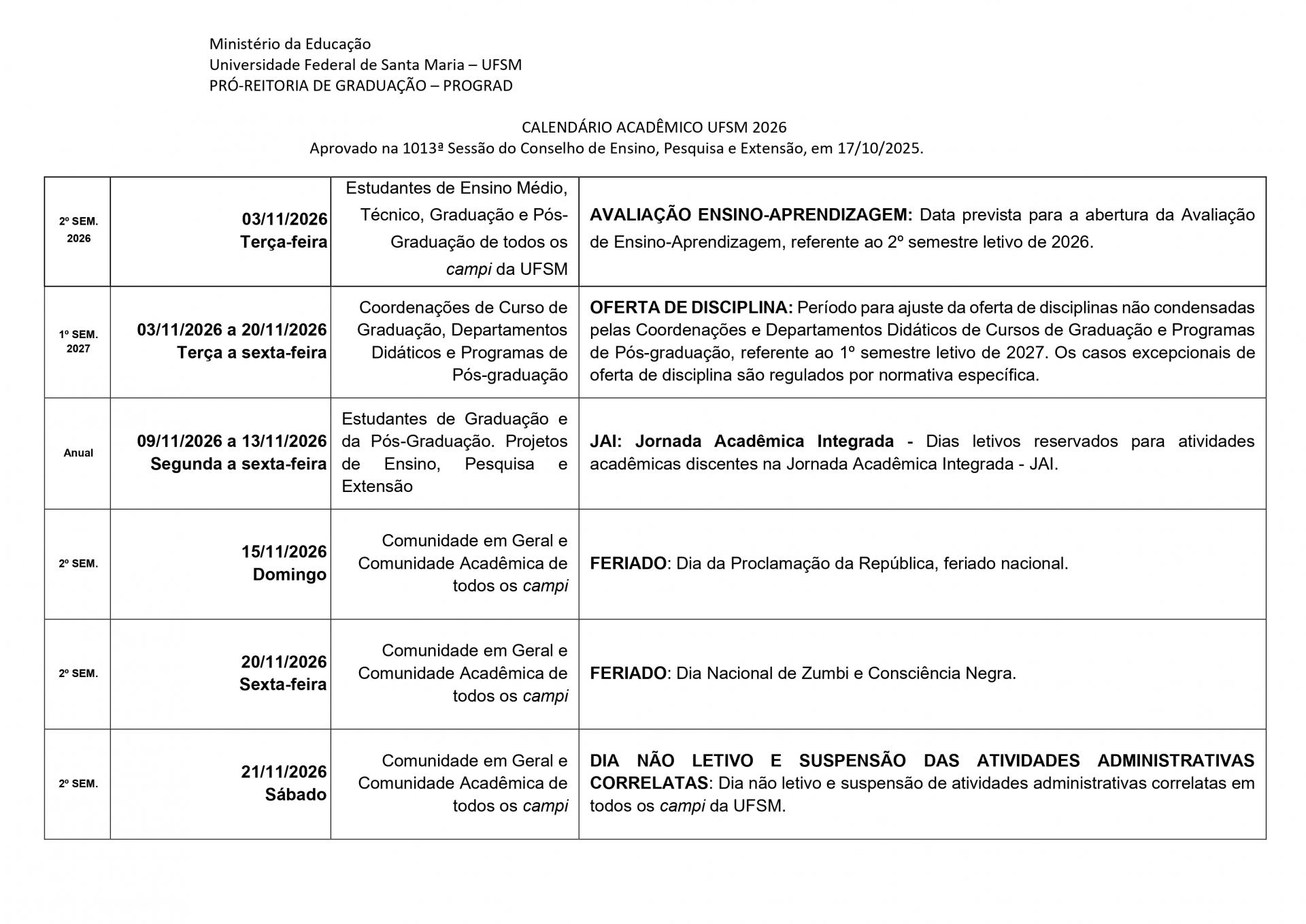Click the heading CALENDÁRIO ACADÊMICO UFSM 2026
tap(654, 127)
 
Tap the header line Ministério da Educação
tap(290, 44)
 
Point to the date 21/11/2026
tap(284, 772)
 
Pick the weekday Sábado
tap(295, 795)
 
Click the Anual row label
tap(78, 453)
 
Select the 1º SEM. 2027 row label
tap(78, 342)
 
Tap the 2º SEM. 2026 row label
tap(78, 230)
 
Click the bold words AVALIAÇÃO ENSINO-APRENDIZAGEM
tap(750, 215)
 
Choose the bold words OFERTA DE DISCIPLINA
tap(690, 308)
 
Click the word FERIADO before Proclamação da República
tap(628, 563)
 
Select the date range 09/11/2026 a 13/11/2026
tap(232, 442)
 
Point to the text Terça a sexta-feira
tap(252, 353)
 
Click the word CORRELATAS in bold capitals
tap(648, 783)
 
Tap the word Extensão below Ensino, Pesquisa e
tap(377, 486)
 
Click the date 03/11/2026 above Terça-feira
tap(284, 219)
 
